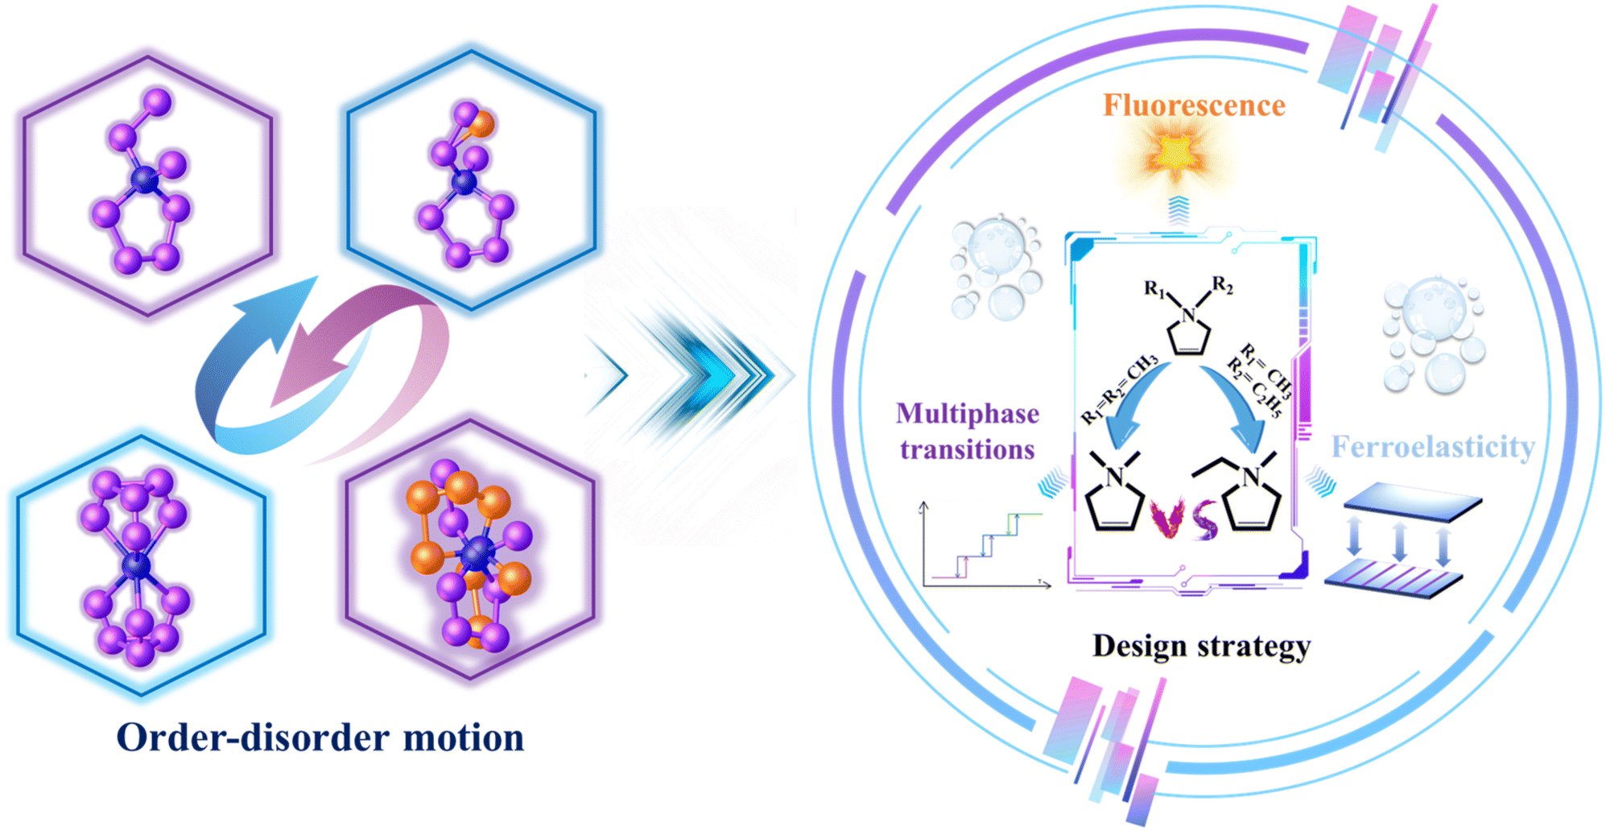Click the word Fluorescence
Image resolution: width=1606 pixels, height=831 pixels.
coord(1194,105)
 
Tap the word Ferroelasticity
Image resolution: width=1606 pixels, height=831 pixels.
coord(1433,447)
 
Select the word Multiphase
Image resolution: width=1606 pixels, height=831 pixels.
coord(968,414)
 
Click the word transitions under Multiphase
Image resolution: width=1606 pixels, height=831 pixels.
coord(968,449)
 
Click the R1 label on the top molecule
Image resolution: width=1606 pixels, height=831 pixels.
coord(1154,288)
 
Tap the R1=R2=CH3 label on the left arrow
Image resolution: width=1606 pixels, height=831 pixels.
coord(1119,389)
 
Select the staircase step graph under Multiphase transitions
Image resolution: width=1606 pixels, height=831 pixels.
coord(984,546)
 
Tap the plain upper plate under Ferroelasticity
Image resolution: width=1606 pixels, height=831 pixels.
coord(1413,501)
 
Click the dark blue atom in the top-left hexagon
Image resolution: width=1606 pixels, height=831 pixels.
coord(145,179)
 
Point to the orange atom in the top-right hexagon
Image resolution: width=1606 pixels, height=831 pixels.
coord(481,124)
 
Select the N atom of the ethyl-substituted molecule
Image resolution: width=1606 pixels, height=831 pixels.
coord(1251,478)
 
